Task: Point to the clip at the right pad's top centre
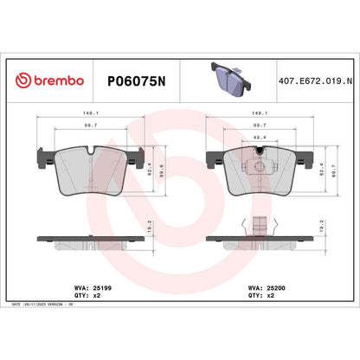point(257,157)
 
